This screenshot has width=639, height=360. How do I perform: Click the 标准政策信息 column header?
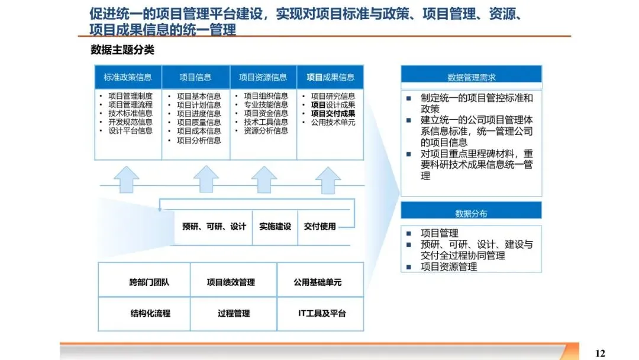click(x=128, y=77)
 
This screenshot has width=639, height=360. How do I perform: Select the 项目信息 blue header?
click(x=195, y=77)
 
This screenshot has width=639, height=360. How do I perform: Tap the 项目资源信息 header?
click(x=263, y=77)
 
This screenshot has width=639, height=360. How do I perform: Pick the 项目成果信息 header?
click(x=330, y=77)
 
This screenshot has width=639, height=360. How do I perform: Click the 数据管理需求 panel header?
click(x=471, y=77)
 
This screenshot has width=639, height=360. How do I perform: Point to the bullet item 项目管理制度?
click(x=130, y=96)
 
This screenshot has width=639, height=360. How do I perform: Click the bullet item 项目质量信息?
click(x=199, y=123)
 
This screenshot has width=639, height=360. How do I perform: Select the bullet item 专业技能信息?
click(x=266, y=105)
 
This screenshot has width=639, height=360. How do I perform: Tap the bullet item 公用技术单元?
click(x=333, y=123)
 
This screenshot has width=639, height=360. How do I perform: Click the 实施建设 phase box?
click(x=275, y=226)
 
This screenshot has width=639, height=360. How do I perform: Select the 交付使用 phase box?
click(x=319, y=226)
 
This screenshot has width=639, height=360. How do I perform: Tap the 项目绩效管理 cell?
click(x=231, y=282)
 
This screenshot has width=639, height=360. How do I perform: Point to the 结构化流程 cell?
click(x=150, y=313)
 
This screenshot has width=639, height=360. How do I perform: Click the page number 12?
click(x=600, y=353)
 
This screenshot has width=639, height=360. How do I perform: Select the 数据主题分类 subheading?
click(x=122, y=50)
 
